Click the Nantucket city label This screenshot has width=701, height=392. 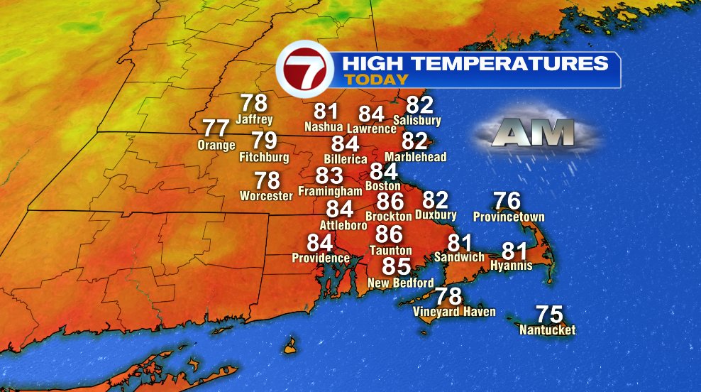pyautogui.click(x=547, y=330)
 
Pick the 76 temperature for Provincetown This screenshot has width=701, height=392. pyautogui.click(x=507, y=201)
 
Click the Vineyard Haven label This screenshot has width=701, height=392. pyautogui.click(x=454, y=312)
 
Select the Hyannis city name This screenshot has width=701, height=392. pyautogui.click(x=511, y=266)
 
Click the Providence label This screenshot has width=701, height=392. pyautogui.click(x=321, y=258)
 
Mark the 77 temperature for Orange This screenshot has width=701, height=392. pyautogui.click(x=216, y=129)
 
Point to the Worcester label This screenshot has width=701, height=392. pyautogui.click(x=266, y=195)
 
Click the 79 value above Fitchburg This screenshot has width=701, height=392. pyautogui.click(x=264, y=141)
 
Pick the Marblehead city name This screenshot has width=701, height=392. pyautogui.click(x=415, y=156)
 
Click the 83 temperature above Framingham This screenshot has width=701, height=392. pyautogui.click(x=329, y=175)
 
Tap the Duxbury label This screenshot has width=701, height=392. pyautogui.click(x=436, y=215)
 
